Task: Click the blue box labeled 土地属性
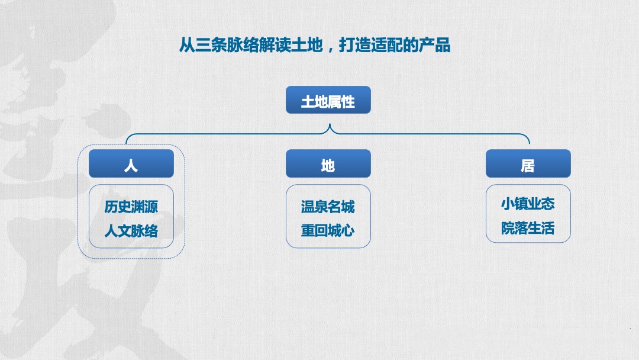pos(328,101)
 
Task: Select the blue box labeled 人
pos(131,164)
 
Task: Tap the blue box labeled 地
pos(328,164)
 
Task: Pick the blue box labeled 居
pos(528,164)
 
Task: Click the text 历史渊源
pos(131,207)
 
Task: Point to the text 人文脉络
pos(131,230)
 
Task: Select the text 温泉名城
pos(328,207)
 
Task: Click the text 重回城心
pos(328,230)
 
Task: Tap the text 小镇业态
pos(528,204)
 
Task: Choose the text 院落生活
pos(528,228)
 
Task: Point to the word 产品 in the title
pos(434,45)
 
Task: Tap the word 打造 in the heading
pos(354,45)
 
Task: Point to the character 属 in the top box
pos(335,101)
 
